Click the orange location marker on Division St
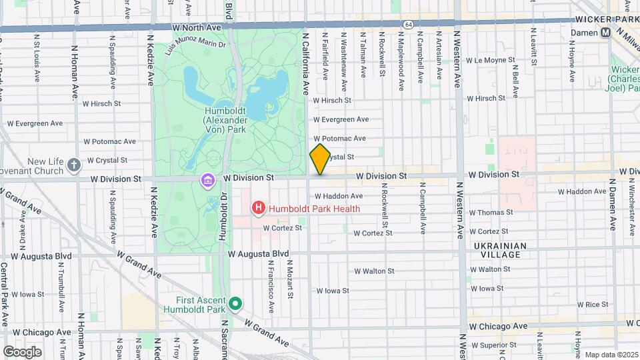tap(320, 159)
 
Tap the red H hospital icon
tap(258, 209)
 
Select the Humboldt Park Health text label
tap(315, 209)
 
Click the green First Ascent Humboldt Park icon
tap(235, 305)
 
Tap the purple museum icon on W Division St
tap(208, 180)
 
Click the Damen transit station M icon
tap(606, 32)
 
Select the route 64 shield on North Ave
tap(407, 24)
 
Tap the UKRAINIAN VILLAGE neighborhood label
tap(500, 251)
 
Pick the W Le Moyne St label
tap(494, 60)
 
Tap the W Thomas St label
tap(491, 213)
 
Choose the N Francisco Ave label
tap(271, 285)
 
